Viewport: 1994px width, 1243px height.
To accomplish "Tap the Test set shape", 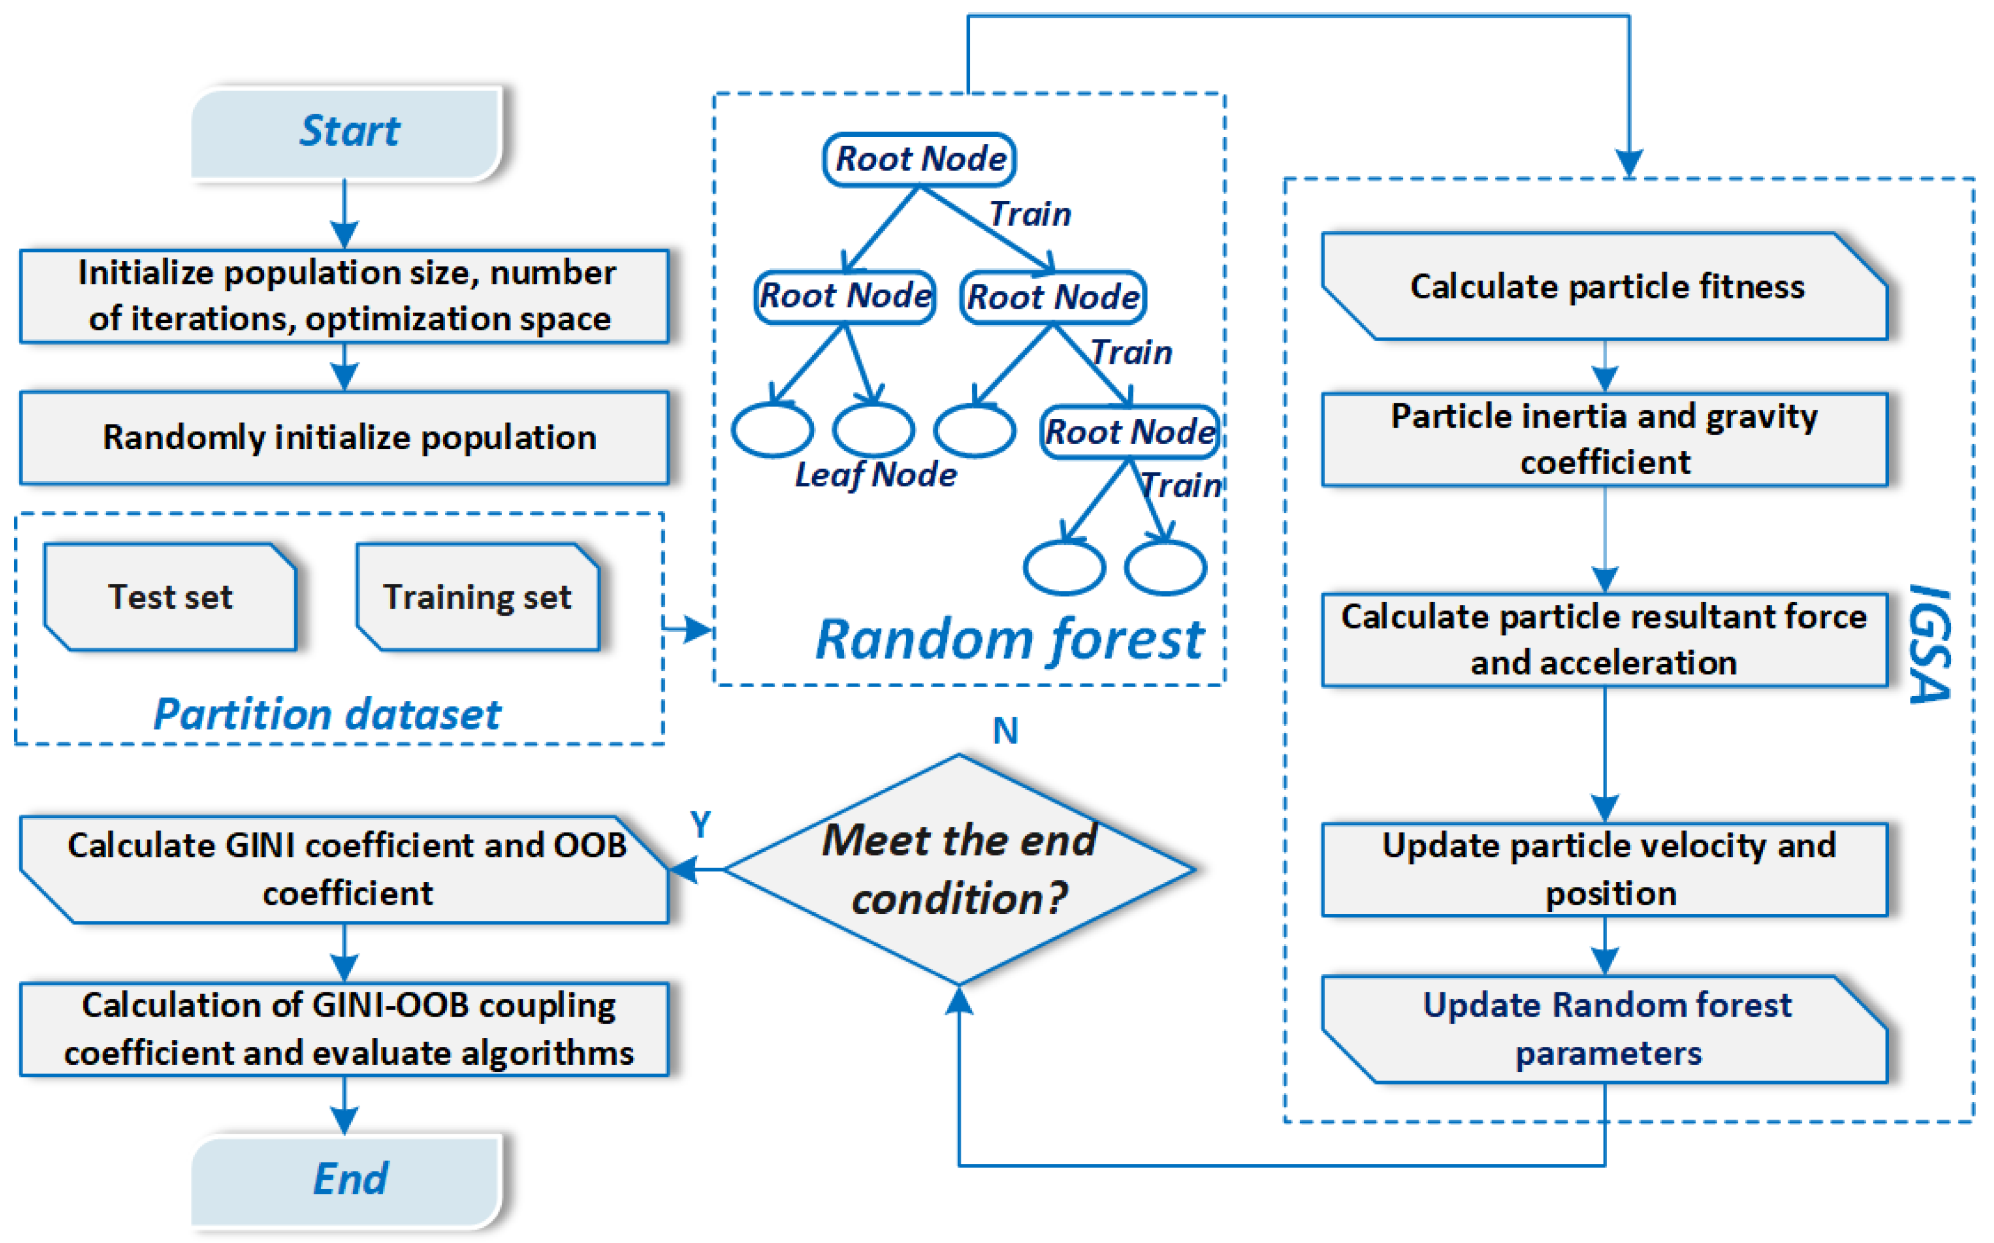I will (x=170, y=597).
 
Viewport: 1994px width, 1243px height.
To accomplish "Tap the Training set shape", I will (x=477, y=597).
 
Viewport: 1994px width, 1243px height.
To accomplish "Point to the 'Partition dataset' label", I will (x=327, y=714).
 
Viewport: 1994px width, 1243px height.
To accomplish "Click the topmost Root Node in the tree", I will (x=920, y=158).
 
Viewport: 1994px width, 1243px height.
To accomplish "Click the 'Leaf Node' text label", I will (x=876, y=475).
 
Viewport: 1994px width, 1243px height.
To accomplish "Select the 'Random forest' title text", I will (x=1009, y=639).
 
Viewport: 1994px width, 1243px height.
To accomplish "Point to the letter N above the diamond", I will (x=1006, y=731).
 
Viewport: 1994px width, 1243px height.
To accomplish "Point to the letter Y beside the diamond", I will (x=700, y=824).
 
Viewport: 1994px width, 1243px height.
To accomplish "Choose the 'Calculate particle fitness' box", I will (x=1606, y=286).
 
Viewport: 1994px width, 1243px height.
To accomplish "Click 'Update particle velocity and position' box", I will (x=1606, y=869).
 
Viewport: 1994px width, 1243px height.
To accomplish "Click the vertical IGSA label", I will (x=1928, y=645).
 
